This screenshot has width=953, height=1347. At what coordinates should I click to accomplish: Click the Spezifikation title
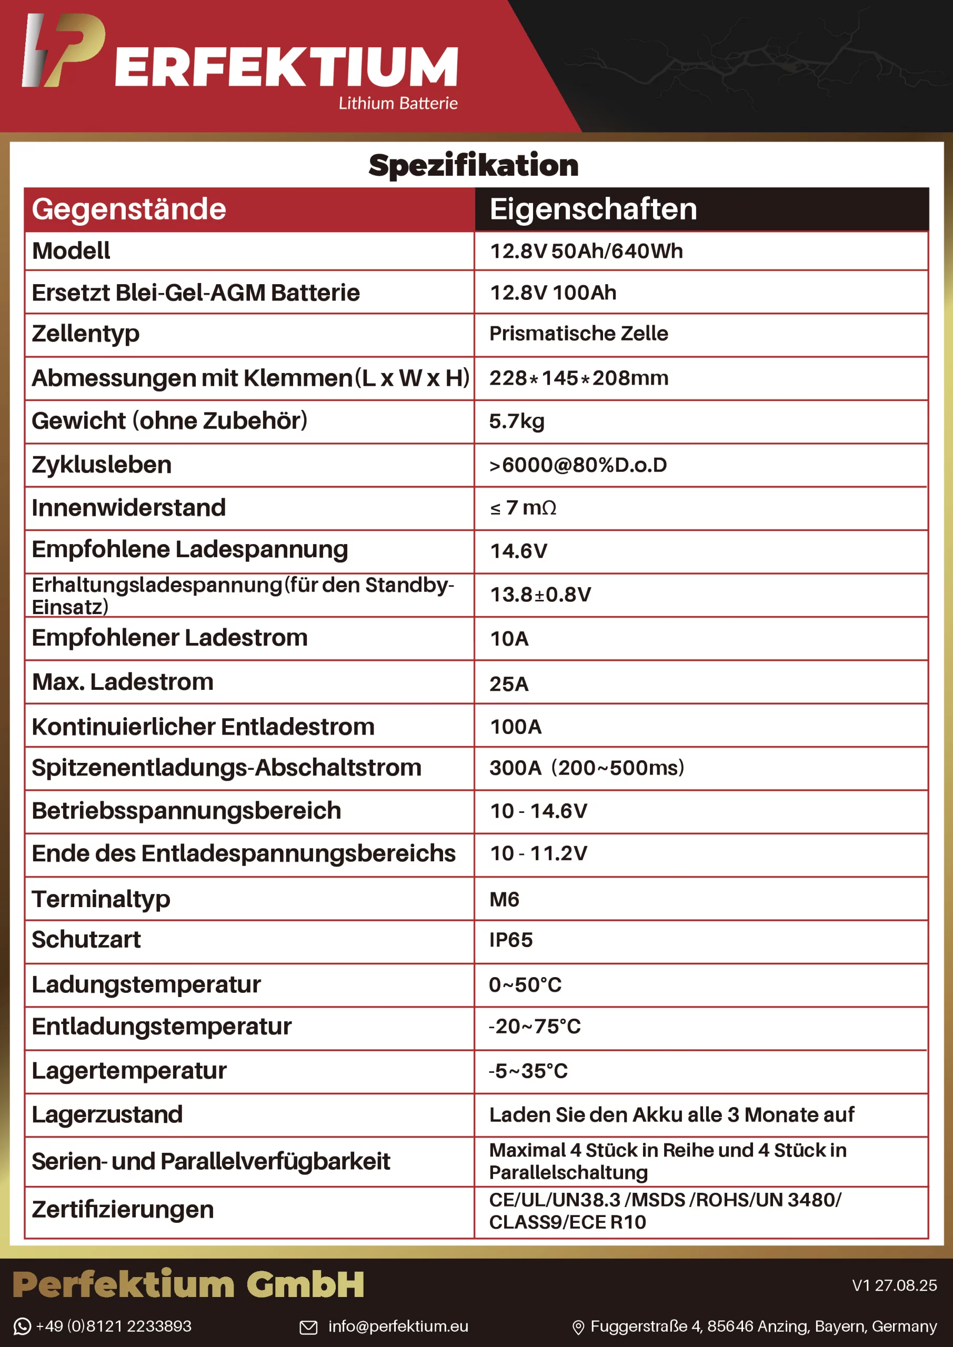[x=473, y=165]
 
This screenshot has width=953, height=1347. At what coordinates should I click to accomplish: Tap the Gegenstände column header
[x=129, y=209]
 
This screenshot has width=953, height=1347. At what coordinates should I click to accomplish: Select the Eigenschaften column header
[x=593, y=209]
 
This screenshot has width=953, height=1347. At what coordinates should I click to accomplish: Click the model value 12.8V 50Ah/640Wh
[x=586, y=251]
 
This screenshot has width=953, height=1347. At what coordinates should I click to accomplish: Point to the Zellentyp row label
[x=86, y=333]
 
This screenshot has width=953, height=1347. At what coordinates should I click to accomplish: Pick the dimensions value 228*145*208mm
[x=579, y=378]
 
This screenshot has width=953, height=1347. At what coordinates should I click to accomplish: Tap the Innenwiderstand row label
[x=128, y=507]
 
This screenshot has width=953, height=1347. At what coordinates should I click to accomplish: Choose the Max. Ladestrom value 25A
[x=509, y=683]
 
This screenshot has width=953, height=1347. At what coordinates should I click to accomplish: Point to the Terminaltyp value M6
[x=504, y=899]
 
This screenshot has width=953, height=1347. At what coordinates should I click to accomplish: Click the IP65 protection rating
[x=510, y=939]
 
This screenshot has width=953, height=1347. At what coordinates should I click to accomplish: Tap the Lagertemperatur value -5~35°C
[x=528, y=1071]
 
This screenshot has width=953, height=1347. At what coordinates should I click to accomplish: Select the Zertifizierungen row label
[x=123, y=1209]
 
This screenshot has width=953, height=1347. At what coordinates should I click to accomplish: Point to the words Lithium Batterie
[x=398, y=103]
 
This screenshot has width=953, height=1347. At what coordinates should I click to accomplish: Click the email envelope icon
[x=309, y=1326]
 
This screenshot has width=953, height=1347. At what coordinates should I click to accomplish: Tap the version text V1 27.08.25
[x=894, y=1285]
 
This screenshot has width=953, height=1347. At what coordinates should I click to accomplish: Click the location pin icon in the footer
[x=578, y=1327]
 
